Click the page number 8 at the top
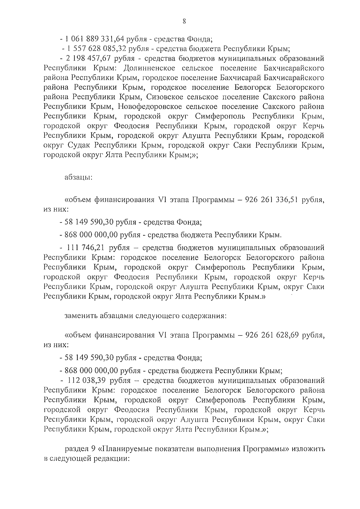point(184,21)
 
